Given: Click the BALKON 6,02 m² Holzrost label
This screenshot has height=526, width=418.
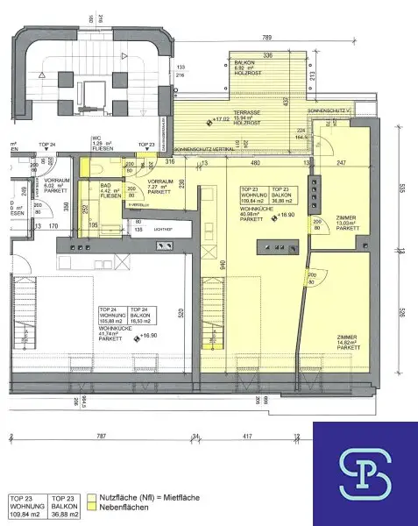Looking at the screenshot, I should (244, 68).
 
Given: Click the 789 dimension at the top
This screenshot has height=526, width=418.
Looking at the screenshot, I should (266, 38).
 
